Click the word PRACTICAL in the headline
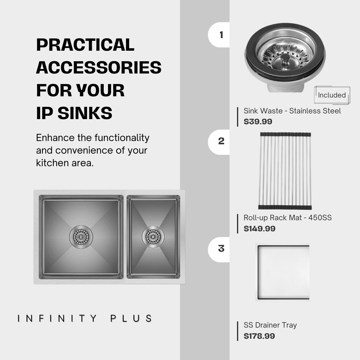(85, 45)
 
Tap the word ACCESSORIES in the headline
(99, 67)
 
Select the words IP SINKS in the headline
(74, 113)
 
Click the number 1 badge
(219, 35)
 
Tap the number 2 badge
(219, 142)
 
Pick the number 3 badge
(219, 250)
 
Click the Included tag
(332, 95)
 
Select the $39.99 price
(258, 121)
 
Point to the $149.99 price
(259, 229)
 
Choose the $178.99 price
(259, 336)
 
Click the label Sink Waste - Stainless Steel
(292, 111)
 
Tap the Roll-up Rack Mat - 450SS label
(288, 217)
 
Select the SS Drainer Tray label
(270, 325)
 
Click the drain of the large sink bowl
(81, 237)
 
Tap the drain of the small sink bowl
(153, 237)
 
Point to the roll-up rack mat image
(285, 171)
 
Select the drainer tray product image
(283, 272)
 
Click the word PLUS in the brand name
(131, 318)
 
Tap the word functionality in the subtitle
(122, 138)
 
